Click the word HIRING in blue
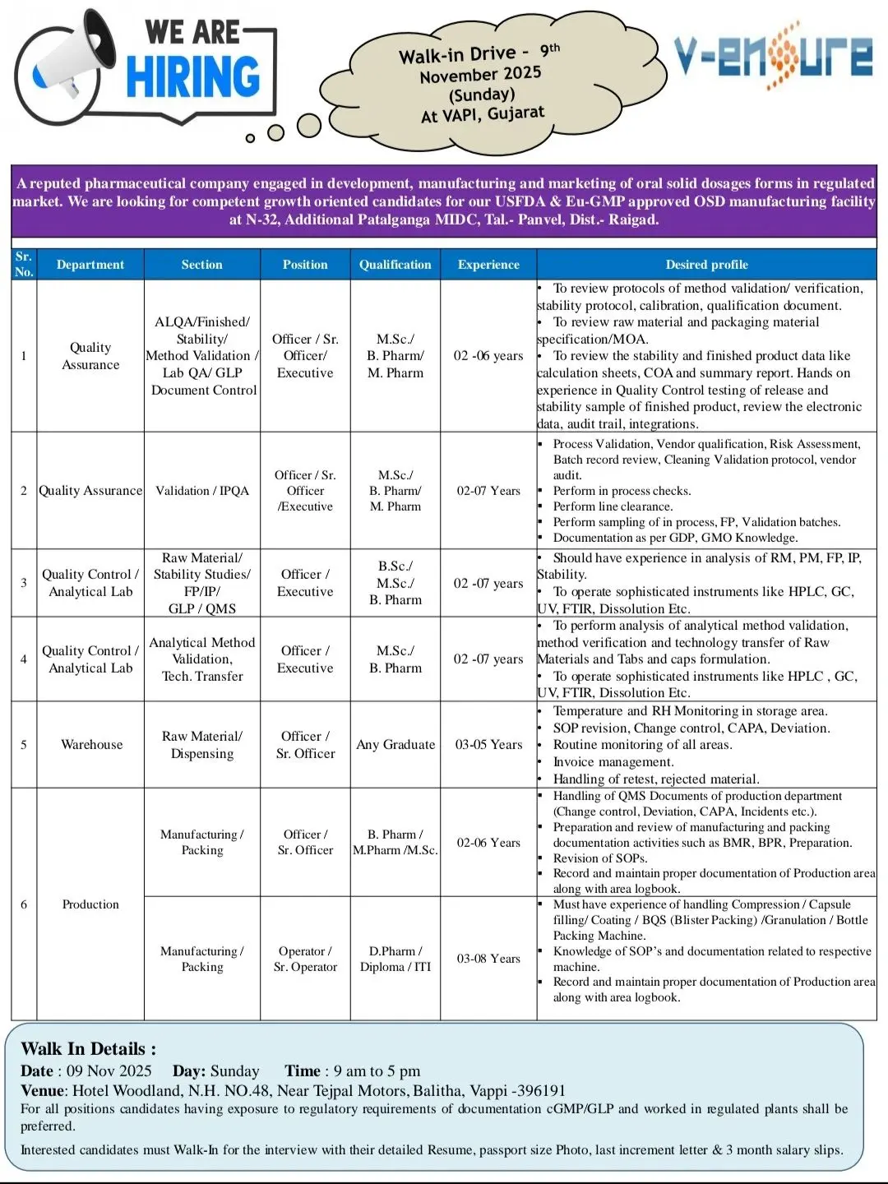pyautogui.click(x=192, y=78)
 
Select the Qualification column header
pyautogui.click(x=395, y=265)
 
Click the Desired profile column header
pyautogui.click(x=706, y=265)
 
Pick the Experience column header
pyautogui.click(x=488, y=265)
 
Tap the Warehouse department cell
pyautogui.click(x=91, y=745)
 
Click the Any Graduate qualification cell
pyautogui.click(x=395, y=745)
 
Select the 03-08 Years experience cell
pyautogui.click(x=488, y=959)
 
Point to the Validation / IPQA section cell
pyautogui.click(x=202, y=491)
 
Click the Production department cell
pyautogui.click(x=90, y=904)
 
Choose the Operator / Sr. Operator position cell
pyautogui.click(x=305, y=959)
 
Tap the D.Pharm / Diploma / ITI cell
pyautogui.click(x=395, y=959)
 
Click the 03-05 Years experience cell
pyautogui.click(x=488, y=745)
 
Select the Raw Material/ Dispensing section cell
pyautogui.click(x=202, y=745)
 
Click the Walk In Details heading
pyautogui.click(x=88, y=1049)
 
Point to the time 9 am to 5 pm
pyautogui.click(x=377, y=1071)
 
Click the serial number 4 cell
pyautogui.click(x=24, y=659)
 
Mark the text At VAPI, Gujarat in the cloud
pyautogui.click(x=483, y=114)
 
